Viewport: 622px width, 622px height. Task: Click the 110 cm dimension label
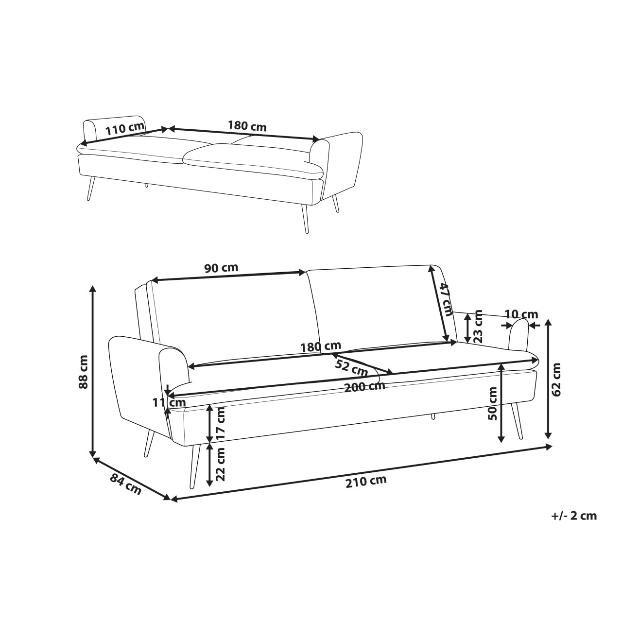[124, 128]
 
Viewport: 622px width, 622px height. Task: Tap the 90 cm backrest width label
[222, 268]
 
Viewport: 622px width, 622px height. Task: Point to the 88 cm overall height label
[83, 372]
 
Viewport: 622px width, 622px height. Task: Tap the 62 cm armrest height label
[556, 380]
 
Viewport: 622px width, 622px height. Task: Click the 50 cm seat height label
[493, 403]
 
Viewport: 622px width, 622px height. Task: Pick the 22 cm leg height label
[220, 465]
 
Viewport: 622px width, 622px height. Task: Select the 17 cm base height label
[220, 423]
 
